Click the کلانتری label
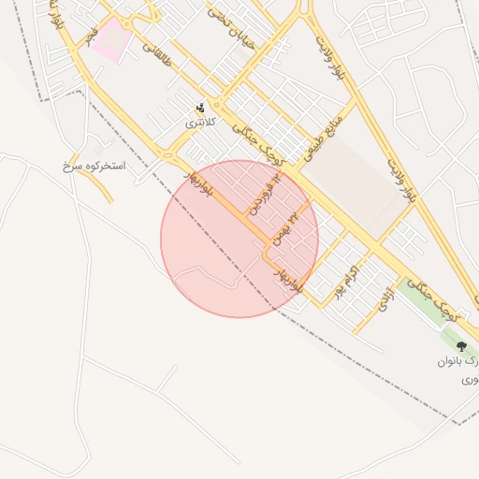pyautogui.click(x=199, y=123)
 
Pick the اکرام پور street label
pyautogui.click(x=347, y=279)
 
